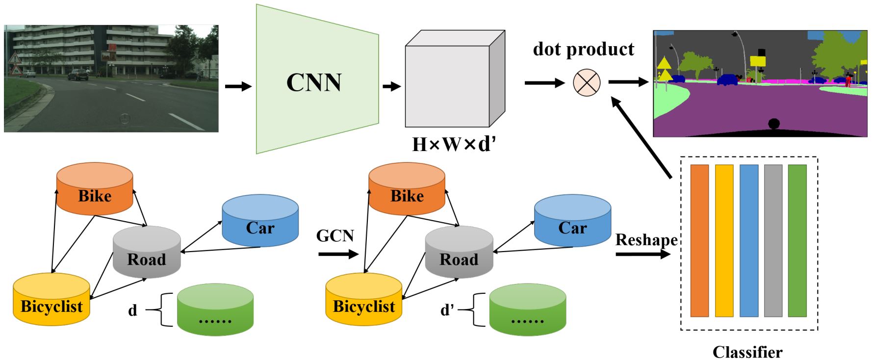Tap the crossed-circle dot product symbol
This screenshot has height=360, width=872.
click(587, 82)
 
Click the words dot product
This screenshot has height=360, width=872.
click(583, 49)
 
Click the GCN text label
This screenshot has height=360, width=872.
click(335, 236)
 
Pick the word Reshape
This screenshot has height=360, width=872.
click(646, 240)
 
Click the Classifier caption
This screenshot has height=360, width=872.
click(747, 352)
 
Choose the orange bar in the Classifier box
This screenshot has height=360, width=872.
click(699, 241)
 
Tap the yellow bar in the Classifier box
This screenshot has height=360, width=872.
click(724, 241)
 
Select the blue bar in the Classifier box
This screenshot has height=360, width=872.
click(748, 241)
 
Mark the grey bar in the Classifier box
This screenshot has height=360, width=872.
click(773, 241)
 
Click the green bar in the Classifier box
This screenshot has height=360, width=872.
click(797, 241)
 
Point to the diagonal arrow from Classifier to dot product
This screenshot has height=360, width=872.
click(641, 137)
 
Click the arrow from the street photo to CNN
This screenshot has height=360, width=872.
click(238, 87)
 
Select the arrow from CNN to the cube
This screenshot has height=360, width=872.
click(391, 87)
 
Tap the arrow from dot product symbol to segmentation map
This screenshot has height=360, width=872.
click(628, 82)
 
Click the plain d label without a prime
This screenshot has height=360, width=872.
click(132, 310)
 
